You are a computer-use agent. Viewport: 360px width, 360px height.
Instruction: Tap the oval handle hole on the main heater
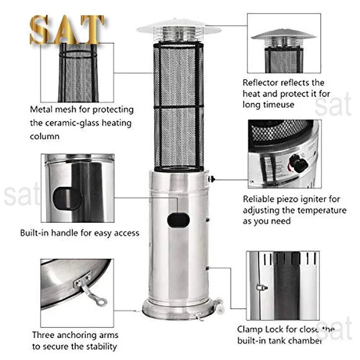click(x=178, y=220)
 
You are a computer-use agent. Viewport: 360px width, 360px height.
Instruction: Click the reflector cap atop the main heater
click(x=179, y=28)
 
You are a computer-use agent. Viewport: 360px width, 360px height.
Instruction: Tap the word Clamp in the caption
click(x=250, y=330)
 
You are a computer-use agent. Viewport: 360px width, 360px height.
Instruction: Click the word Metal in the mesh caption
click(x=41, y=110)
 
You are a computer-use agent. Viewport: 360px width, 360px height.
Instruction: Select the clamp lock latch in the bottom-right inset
click(x=262, y=288)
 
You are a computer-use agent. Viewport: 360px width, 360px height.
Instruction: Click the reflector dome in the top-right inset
click(x=283, y=35)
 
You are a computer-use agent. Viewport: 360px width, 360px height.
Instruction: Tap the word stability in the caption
click(x=99, y=347)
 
